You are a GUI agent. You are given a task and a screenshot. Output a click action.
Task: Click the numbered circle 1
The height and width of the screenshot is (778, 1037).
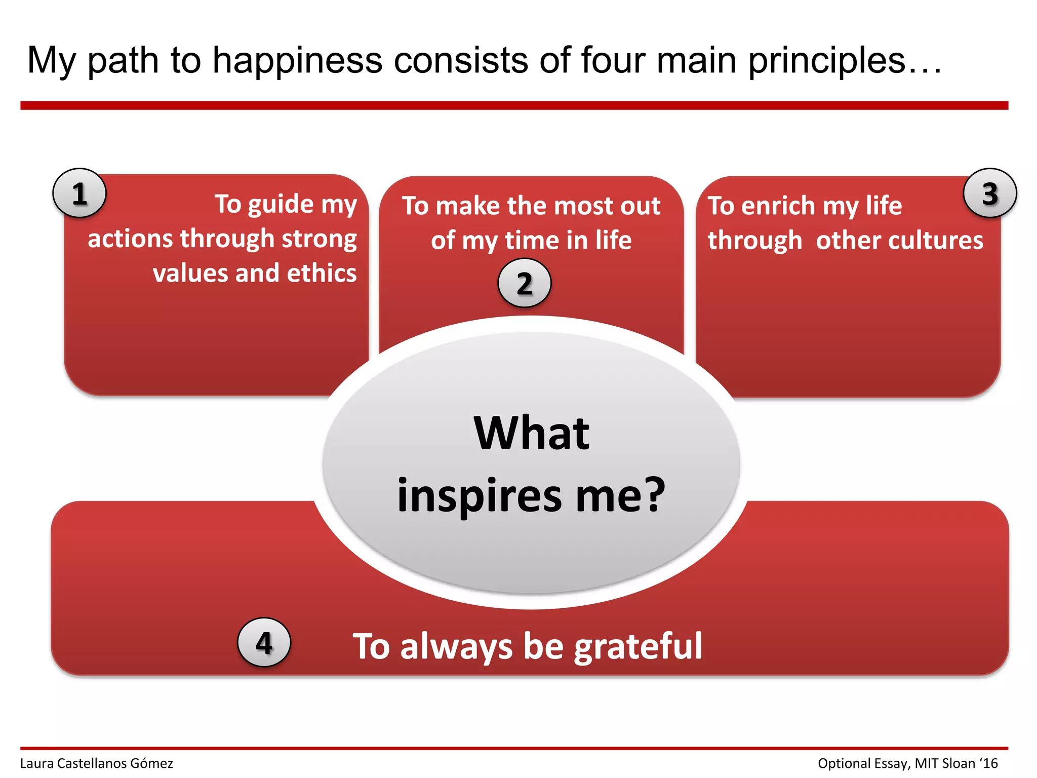(x=79, y=193)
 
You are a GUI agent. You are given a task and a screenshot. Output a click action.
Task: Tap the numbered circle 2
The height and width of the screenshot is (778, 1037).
(x=525, y=283)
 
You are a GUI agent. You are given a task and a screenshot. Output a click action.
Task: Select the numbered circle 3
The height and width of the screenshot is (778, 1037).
(x=990, y=193)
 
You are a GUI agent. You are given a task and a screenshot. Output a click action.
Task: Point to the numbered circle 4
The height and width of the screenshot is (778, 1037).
(x=264, y=642)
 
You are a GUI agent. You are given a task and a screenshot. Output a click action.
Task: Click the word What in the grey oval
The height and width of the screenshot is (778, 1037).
(x=532, y=434)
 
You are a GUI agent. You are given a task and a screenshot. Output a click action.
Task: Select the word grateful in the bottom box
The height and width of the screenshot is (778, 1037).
(x=638, y=647)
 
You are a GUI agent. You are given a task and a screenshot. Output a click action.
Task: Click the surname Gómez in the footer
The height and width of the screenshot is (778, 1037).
(x=151, y=763)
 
